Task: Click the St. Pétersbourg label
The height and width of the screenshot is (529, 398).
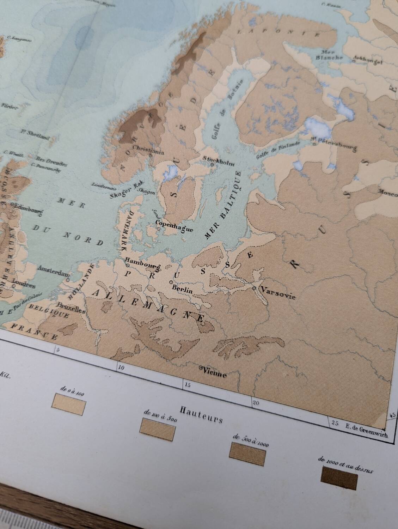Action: click(334, 142)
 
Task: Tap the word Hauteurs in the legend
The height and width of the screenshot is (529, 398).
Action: click(201, 413)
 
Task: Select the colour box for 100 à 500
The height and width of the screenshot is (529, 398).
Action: click(158, 430)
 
